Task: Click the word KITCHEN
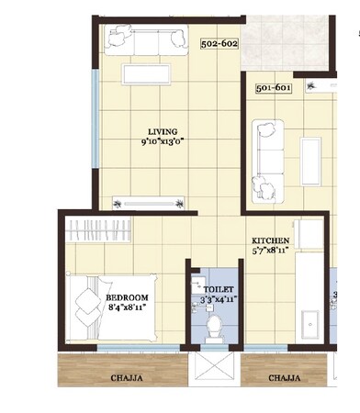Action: [x=271, y=240]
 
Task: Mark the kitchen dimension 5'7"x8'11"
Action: [x=271, y=251]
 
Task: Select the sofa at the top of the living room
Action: [x=146, y=42]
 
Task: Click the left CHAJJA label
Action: [x=124, y=377]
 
